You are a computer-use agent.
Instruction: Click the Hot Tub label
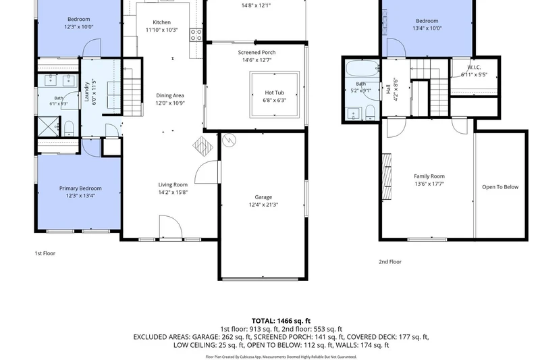click(x=275, y=93)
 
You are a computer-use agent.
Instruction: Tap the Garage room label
click(x=263, y=197)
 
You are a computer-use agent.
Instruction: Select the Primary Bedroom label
click(x=80, y=188)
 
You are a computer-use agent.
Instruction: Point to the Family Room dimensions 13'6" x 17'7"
click(x=429, y=184)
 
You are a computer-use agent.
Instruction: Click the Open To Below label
click(x=500, y=187)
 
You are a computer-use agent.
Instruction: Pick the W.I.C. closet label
click(x=475, y=68)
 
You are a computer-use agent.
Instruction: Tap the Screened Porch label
click(x=256, y=53)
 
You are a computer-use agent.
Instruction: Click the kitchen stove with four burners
click(x=196, y=35)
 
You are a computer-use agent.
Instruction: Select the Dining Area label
click(x=170, y=95)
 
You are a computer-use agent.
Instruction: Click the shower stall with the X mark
click(x=48, y=127)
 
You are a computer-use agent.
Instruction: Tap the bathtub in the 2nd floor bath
click(x=362, y=69)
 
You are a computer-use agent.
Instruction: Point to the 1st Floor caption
click(x=45, y=253)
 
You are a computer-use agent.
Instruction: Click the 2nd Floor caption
click(x=390, y=262)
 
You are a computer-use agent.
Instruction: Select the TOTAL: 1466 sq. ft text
click(x=281, y=321)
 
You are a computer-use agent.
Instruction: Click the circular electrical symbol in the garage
click(x=229, y=140)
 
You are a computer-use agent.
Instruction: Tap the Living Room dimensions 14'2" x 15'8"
click(x=173, y=192)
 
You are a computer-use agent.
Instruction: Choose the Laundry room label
click(x=87, y=92)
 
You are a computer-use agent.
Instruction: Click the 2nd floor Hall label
click(x=389, y=89)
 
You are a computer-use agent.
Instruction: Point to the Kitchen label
click(x=161, y=22)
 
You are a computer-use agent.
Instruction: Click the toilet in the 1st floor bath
click(x=69, y=128)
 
